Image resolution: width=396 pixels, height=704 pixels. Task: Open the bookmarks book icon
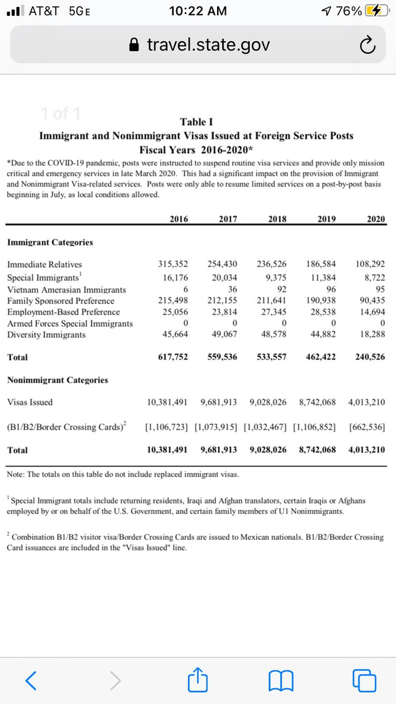tap(280, 681)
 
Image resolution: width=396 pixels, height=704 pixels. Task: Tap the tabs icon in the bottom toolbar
tap(364, 681)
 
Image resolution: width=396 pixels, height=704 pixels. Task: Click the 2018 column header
tap(277, 219)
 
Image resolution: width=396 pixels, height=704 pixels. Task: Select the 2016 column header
tap(179, 219)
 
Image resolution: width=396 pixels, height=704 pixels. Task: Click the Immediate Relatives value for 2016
tap(174, 265)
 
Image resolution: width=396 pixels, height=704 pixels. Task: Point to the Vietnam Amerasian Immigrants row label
tap(66, 290)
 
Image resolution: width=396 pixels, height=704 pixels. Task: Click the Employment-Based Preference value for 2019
tap(321, 312)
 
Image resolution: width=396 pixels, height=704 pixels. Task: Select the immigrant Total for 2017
tap(223, 357)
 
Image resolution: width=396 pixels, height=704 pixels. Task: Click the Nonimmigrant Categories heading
tap(57, 380)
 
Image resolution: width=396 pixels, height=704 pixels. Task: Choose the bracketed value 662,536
tap(367, 427)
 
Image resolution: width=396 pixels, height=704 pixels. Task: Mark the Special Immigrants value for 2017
tap(225, 277)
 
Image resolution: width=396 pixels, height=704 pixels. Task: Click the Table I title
tap(196, 122)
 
